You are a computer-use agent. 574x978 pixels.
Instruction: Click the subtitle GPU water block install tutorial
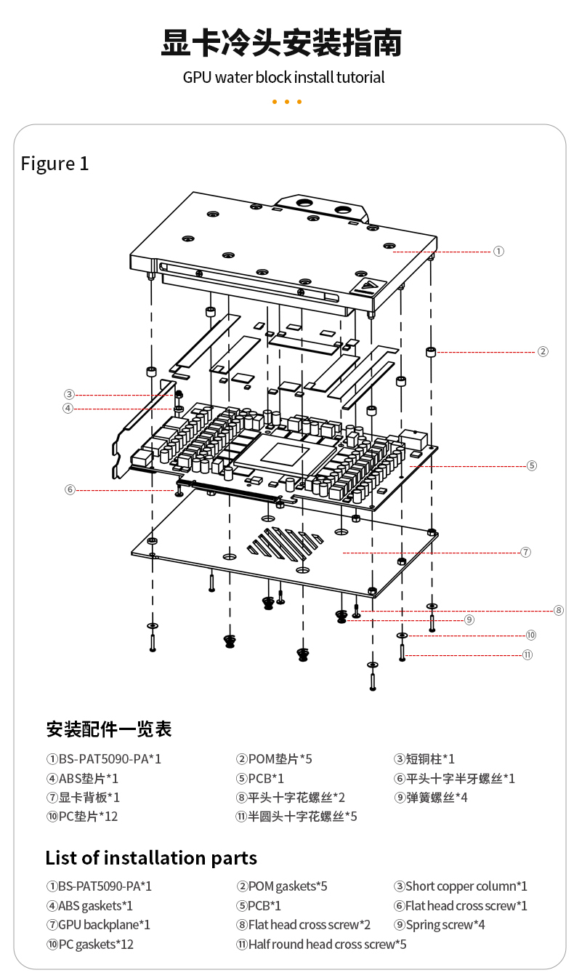click(283, 77)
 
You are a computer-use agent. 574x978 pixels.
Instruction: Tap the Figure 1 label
click(54, 164)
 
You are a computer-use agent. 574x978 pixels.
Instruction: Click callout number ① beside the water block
click(498, 251)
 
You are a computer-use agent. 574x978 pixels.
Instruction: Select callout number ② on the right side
click(543, 352)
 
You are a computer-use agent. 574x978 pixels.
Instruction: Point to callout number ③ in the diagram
click(69, 395)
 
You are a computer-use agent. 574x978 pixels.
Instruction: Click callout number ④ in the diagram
click(69, 409)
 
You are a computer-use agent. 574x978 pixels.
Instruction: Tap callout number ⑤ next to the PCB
click(532, 465)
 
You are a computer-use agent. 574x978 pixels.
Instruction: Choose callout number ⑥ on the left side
click(70, 490)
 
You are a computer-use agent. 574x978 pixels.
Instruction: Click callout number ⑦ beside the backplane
click(525, 553)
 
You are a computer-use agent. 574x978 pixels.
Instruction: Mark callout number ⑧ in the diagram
click(558, 611)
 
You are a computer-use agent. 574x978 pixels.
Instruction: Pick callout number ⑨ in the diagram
click(469, 620)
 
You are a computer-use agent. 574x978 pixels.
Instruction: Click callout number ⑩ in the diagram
click(531, 636)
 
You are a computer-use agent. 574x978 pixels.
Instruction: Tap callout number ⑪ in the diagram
click(527, 654)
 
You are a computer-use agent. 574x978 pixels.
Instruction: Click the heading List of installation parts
click(151, 858)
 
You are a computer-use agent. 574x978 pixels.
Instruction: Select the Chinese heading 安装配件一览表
click(109, 729)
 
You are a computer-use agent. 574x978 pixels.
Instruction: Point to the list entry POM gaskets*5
click(282, 886)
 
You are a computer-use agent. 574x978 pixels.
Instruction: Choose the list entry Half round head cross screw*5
click(321, 945)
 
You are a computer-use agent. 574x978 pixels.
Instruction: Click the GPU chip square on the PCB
click(280, 454)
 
